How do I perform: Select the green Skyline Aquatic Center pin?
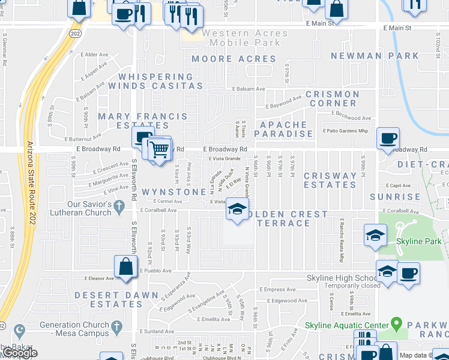(396, 325)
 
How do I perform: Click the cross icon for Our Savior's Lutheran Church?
(119, 207)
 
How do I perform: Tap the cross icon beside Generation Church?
(118, 325)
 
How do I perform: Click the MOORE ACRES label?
(234, 59)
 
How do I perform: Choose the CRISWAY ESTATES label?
(330, 181)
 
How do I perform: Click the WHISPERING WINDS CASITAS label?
(156, 82)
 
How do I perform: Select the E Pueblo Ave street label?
(156, 271)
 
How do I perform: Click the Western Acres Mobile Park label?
(241, 37)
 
